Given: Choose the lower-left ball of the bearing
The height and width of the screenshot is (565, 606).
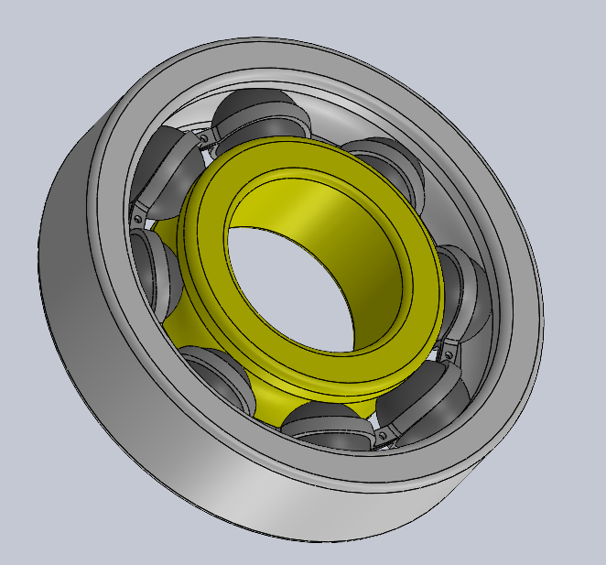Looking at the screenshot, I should [x=220, y=375].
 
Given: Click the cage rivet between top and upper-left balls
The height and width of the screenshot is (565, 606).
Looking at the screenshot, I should [x=210, y=138].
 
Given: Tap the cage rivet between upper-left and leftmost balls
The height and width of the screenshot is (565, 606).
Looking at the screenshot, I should [x=136, y=218].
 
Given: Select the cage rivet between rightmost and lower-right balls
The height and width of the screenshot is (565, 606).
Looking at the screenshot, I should [x=449, y=351].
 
